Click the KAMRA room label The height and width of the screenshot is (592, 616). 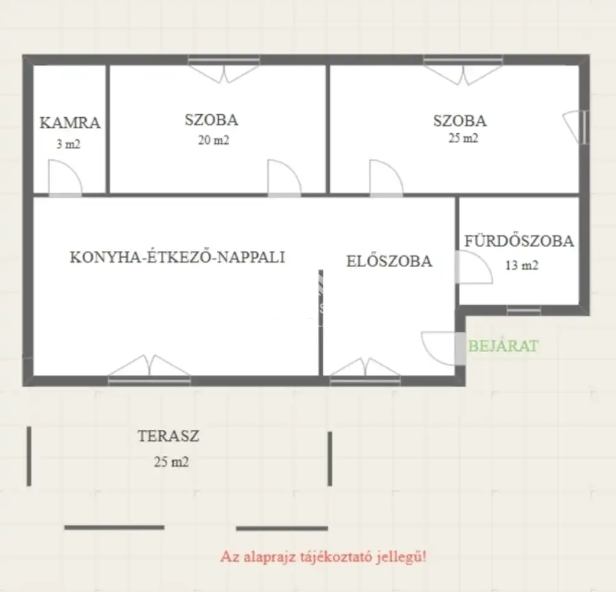click(x=70, y=123)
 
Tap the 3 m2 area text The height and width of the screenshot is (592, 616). click(x=68, y=144)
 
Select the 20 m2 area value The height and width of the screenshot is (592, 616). click(x=213, y=140)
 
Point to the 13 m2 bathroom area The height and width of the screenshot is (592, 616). click(x=521, y=266)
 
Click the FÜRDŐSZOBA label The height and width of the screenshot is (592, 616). click(x=519, y=240)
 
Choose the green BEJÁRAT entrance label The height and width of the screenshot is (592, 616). click(x=503, y=346)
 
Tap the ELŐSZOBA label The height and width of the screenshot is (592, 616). click(x=389, y=261)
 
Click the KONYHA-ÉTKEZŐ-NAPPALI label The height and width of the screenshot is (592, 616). click(x=177, y=257)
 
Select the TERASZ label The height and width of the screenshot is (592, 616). click(x=168, y=436)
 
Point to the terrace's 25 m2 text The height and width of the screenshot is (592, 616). click(x=171, y=461)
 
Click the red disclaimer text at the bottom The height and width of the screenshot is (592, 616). click(x=323, y=557)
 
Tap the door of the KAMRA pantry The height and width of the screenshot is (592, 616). click(x=65, y=178)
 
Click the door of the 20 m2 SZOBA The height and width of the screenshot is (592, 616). click(x=285, y=178)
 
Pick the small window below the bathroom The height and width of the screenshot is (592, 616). click(x=524, y=310)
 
